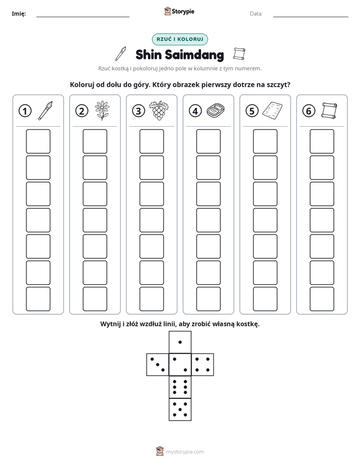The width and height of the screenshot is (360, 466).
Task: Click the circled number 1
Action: pyautogui.click(x=25, y=111)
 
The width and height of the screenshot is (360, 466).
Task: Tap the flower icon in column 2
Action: pyautogui.click(x=102, y=110)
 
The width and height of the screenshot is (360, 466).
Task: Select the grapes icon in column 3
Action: pyautogui.click(x=159, y=110)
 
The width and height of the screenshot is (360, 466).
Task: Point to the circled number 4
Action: pyautogui.click(x=195, y=111)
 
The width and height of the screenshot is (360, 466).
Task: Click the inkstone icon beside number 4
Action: pyautogui.click(x=216, y=110)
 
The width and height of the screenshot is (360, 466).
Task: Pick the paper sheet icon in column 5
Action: pyautogui.click(x=272, y=110)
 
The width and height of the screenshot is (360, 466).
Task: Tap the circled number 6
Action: pyautogui.click(x=309, y=111)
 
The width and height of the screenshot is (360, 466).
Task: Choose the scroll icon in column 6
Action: pyautogui.click(x=329, y=110)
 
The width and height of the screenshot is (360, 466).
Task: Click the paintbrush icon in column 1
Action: pyautogui.click(x=45, y=110)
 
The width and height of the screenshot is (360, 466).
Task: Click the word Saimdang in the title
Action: pyautogui.click(x=194, y=55)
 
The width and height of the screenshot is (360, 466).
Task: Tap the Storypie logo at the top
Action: pyautogui.click(x=179, y=12)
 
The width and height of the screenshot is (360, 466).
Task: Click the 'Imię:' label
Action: pyautogui.click(x=19, y=14)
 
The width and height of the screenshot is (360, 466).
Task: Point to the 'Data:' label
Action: pyautogui.click(x=256, y=14)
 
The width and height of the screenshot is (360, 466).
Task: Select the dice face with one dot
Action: pyautogui.click(x=180, y=342)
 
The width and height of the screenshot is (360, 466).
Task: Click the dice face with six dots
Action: pyautogui.click(x=180, y=387)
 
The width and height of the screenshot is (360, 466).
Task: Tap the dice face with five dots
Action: pyautogui.click(x=180, y=410)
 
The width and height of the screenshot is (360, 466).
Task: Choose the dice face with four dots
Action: pyautogui.click(x=203, y=365)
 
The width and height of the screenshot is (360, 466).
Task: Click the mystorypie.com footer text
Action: pyautogui.click(x=185, y=452)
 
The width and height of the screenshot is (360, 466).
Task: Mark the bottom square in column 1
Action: pyautogui.click(x=38, y=299)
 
